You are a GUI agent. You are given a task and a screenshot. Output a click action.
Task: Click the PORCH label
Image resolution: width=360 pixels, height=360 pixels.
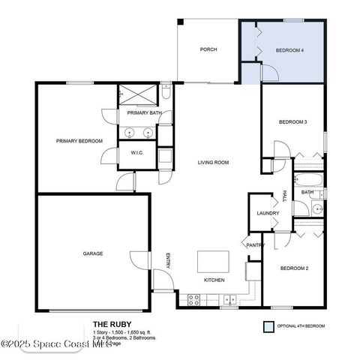[x=208, y=50]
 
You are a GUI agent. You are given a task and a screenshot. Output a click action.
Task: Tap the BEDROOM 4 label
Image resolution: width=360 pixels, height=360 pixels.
[x=289, y=50]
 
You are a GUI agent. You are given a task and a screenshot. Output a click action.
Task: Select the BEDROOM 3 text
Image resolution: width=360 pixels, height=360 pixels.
[x=293, y=121]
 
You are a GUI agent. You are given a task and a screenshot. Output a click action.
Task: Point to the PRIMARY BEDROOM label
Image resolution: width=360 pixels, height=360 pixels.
[x=79, y=140]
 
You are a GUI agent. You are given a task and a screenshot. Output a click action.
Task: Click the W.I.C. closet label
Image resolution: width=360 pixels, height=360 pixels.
[x=137, y=153]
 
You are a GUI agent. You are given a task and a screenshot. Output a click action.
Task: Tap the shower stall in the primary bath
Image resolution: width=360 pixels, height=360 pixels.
[x=137, y=96]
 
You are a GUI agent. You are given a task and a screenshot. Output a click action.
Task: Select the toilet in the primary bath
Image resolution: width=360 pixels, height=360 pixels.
[x=166, y=94]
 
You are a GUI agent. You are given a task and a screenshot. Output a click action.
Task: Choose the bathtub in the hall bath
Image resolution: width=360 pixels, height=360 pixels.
[x=307, y=180]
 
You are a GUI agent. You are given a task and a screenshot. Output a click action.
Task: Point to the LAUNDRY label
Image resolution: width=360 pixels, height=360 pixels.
[x=268, y=214]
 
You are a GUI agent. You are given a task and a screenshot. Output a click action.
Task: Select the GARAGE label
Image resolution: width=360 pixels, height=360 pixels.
[x=93, y=253]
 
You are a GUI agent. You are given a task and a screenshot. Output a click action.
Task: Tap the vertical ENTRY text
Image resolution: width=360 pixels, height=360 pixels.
[x=168, y=259]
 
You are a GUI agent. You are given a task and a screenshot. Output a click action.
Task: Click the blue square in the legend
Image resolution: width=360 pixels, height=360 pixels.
[x=268, y=327]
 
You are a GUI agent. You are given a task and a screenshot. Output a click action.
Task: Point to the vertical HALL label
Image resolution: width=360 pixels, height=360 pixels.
[x=284, y=196]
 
